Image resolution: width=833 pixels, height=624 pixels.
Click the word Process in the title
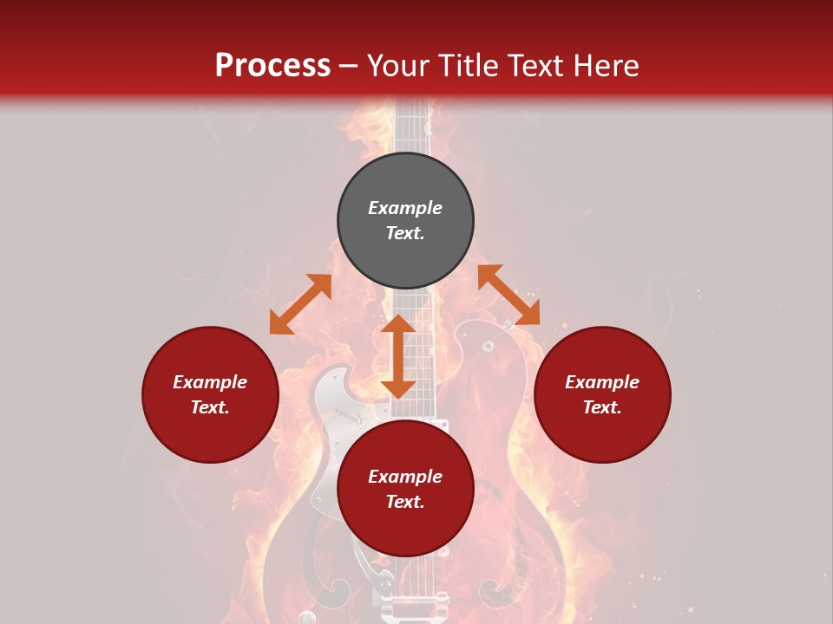coord(272,66)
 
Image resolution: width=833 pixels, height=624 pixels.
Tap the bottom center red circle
coord(405,529)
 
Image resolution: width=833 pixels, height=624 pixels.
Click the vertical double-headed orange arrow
coord(398,356)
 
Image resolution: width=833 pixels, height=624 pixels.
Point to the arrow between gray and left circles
coord(300,304)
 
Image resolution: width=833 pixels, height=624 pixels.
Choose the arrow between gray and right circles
coord(508,295)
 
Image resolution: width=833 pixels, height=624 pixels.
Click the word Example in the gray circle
coord(405,208)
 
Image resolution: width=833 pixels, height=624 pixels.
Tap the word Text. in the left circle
coord(210,407)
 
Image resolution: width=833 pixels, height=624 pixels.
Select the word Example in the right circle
coord(602,382)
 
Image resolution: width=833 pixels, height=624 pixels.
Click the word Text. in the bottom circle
coord(405,502)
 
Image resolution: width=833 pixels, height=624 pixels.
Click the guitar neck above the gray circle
coord(413,126)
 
